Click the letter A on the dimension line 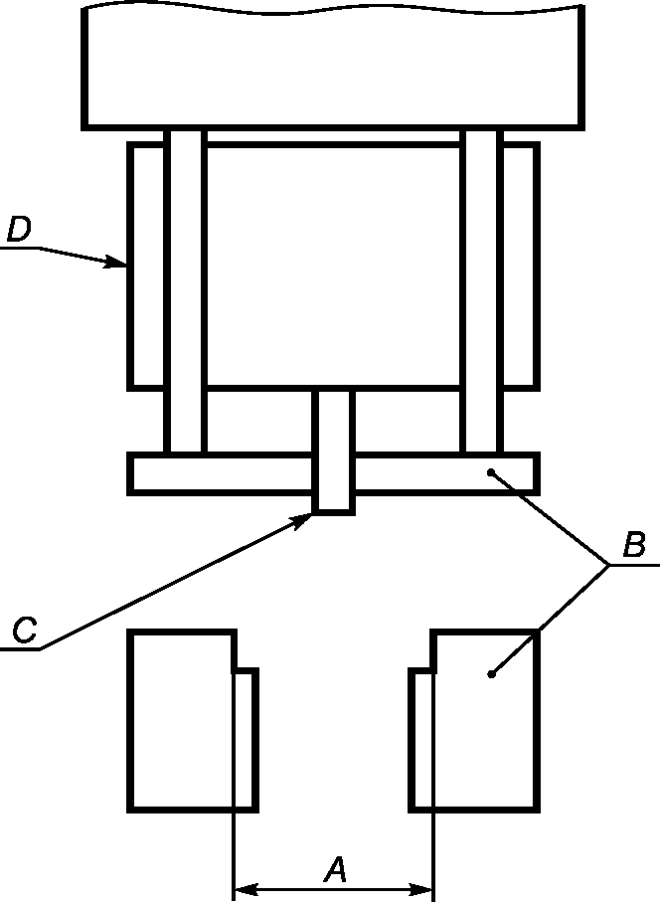point(336,870)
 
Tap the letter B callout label point(633,545)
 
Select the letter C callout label point(25,630)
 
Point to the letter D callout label point(19,230)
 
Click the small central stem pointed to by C point(333,452)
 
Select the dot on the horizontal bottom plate point(490,473)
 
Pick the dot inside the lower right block point(490,675)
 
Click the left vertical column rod point(185,288)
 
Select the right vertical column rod point(482,288)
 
